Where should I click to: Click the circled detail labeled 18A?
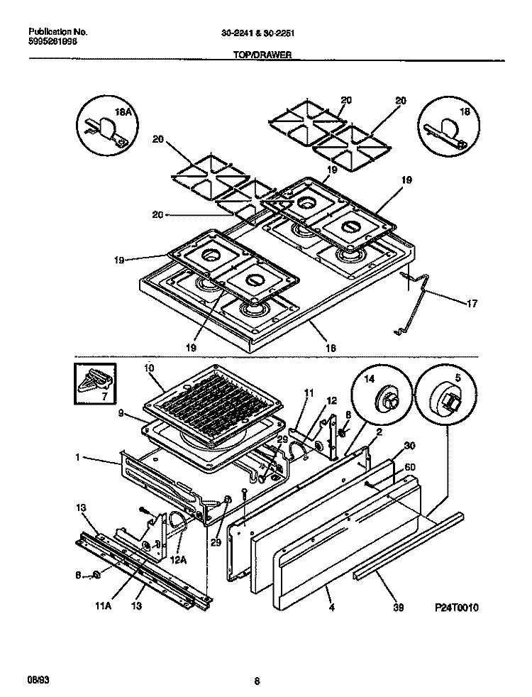pyautogui.click(x=107, y=126)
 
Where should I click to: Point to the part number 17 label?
pyautogui.click(x=472, y=304)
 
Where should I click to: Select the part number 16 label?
pyautogui.click(x=330, y=348)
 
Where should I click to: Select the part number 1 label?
pyautogui.click(x=76, y=459)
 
